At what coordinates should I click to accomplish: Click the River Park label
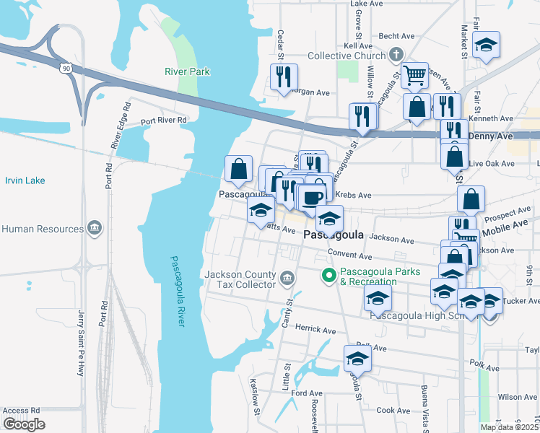(187, 71)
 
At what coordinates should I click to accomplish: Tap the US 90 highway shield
(66, 67)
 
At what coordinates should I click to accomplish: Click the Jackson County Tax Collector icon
(287, 278)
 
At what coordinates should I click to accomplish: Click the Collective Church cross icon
(395, 54)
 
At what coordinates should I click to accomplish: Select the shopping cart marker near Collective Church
(415, 74)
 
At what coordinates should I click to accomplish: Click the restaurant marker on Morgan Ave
(284, 76)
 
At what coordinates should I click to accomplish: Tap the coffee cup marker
(313, 198)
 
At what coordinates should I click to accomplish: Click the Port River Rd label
(163, 121)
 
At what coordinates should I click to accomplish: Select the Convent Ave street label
(349, 255)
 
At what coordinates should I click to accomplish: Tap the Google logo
(24, 424)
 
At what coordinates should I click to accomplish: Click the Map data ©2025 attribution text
(509, 427)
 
